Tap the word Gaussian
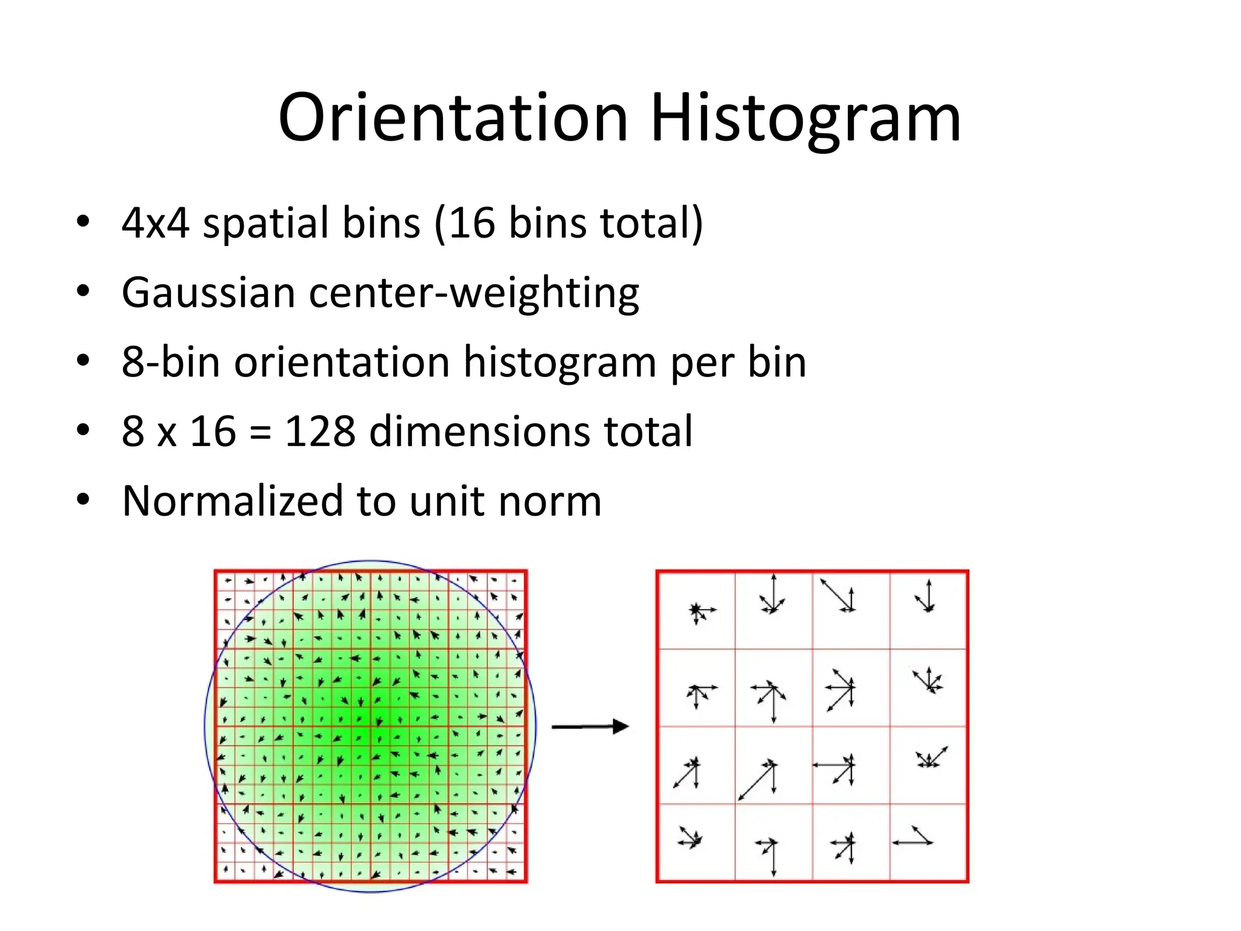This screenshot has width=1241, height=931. (x=208, y=293)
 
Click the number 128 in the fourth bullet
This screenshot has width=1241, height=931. (x=320, y=431)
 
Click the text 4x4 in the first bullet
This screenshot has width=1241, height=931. (x=155, y=222)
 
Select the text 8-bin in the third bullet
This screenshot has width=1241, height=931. (x=170, y=362)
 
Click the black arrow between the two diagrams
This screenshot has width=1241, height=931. (x=590, y=726)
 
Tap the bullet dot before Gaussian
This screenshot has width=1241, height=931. (x=83, y=291)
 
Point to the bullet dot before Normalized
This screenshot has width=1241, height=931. (x=83, y=499)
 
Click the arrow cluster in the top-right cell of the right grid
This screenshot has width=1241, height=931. (x=926, y=596)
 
